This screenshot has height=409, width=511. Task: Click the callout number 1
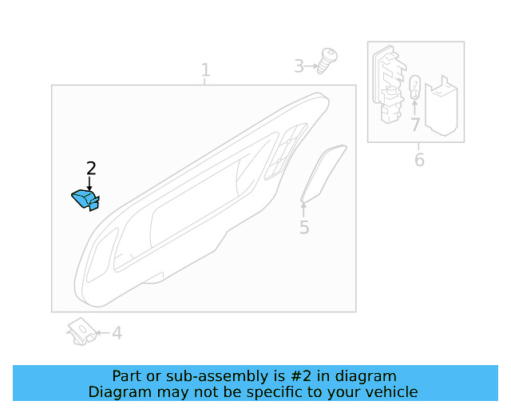tap(205, 69)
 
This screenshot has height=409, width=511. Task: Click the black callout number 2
tap(91, 168)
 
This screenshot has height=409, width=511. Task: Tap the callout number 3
tap(299, 66)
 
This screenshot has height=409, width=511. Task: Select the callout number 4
tap(117, 333)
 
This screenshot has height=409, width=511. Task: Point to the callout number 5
tap(304, 228)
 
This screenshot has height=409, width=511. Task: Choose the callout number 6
tap(419, 161)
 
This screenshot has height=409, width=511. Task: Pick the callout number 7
tap(414, 125)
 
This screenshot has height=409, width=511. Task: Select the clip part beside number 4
tap(81, 331)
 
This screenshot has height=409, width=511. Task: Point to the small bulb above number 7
tap(414, 87)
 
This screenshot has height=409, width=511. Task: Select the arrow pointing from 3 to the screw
tap(312, 66)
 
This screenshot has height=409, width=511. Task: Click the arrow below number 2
tap(89, 183)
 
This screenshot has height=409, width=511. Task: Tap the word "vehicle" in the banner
tap(391, 391)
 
